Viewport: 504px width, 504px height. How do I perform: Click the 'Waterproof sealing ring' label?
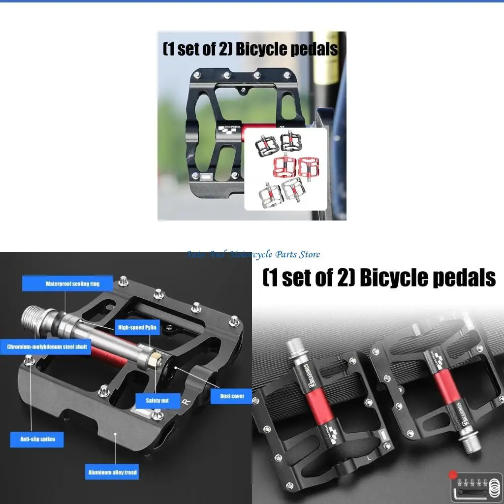(x=65, y=283)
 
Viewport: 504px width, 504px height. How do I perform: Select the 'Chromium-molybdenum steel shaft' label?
(x=47, y=347)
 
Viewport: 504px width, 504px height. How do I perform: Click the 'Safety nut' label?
(x=157, y=400)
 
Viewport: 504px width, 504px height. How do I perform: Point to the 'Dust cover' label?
(x=231, y=396)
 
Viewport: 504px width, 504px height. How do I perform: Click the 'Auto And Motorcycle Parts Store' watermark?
(x=253, y=254)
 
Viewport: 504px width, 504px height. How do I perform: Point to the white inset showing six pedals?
(x=285, y=169)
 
